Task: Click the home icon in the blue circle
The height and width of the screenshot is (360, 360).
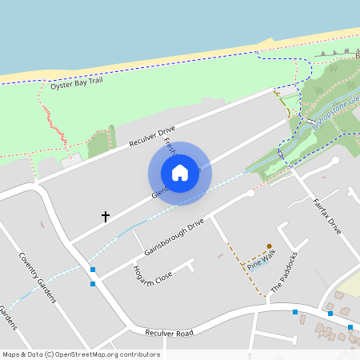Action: [180, 173]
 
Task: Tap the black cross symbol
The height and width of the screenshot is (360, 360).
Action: [105, 216]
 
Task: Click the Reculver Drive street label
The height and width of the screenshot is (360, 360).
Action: [151, 136]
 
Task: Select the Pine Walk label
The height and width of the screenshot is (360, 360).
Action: [261, 260]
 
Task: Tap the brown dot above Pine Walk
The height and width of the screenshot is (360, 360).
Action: [270, 246]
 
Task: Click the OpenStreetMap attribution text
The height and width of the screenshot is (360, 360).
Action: [81, 354]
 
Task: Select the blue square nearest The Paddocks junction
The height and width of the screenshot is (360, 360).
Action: [295, 311]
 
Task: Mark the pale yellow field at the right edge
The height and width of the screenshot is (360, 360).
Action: [350, 283]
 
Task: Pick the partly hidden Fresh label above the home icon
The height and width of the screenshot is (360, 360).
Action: [170, 145]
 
